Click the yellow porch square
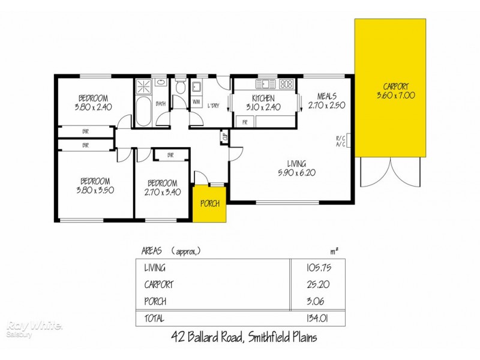click(210, 203)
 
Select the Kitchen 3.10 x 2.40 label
click(263, 103)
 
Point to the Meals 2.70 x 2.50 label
click(326, 100)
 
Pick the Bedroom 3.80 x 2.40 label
click(93, 103)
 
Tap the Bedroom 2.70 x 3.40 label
click(162, 187)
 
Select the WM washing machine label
click(196, 102)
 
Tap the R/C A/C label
click(340, 142)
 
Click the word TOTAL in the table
click(154, 319)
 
